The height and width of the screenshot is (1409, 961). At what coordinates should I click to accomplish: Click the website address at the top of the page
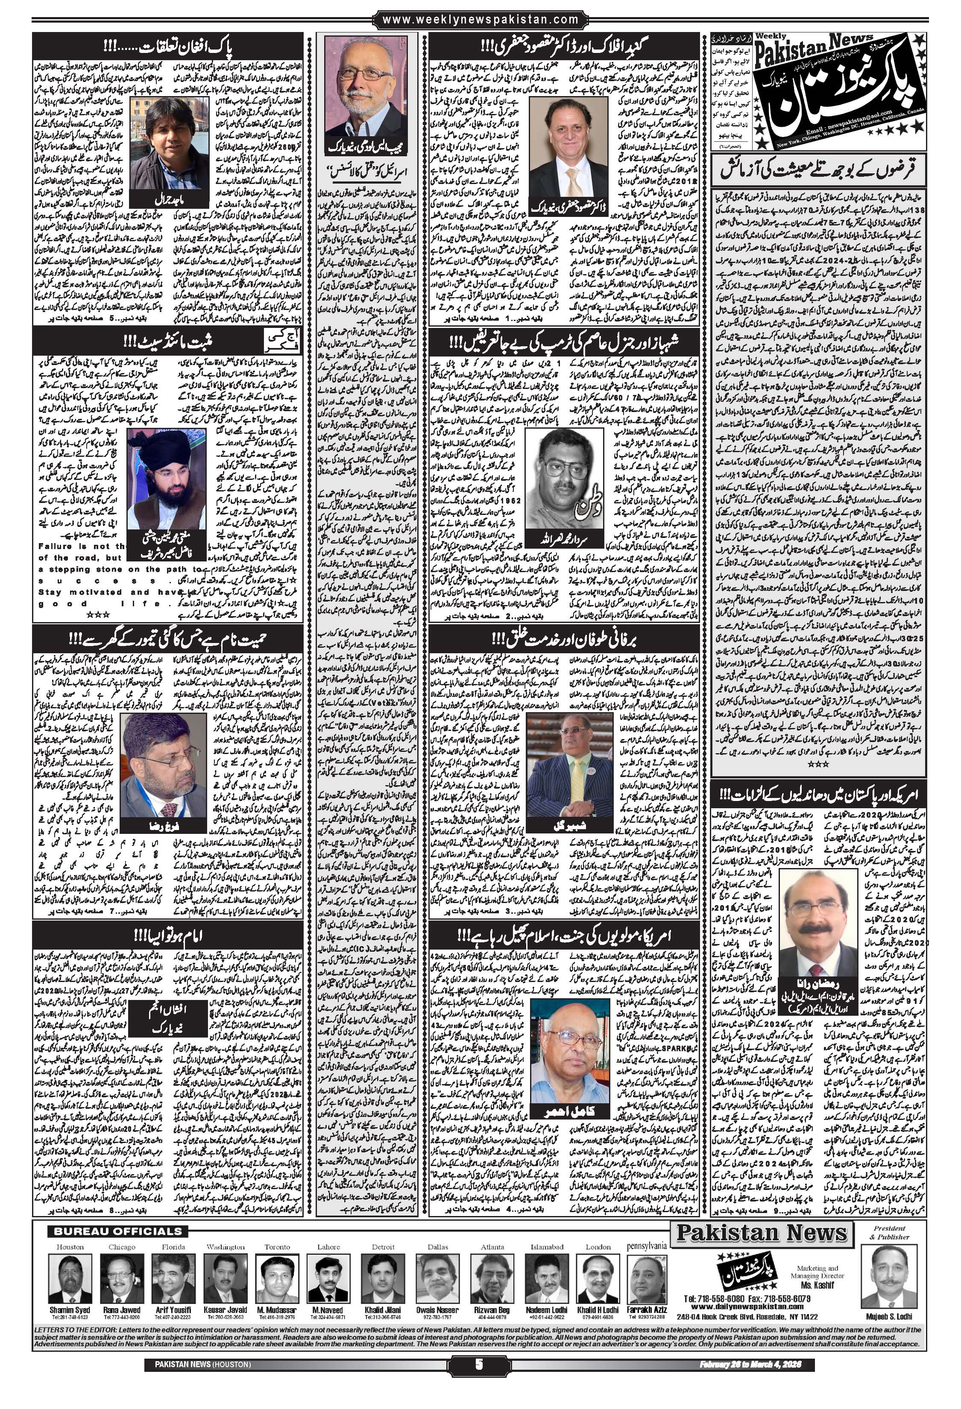click(x=480, y=20)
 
